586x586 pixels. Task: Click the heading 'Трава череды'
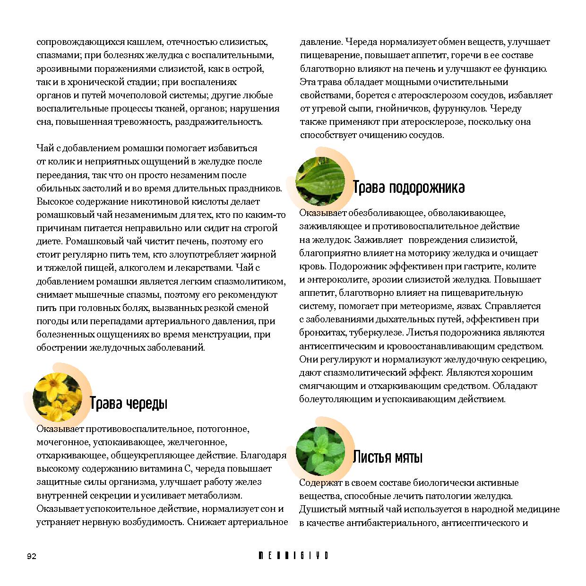pyautogui.click(x=129, y=404)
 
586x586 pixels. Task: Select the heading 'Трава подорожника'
pyautogui.click(x=409, y=188)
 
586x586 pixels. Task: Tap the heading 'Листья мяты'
pyautogui.click(x=388, y=457)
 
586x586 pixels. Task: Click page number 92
pyautogui.click(x=31, y=556)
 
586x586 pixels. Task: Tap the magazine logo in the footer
pyautogui.click(x=293, y=556)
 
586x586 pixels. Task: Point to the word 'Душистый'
pyautogui.click(x=320, y=509)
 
